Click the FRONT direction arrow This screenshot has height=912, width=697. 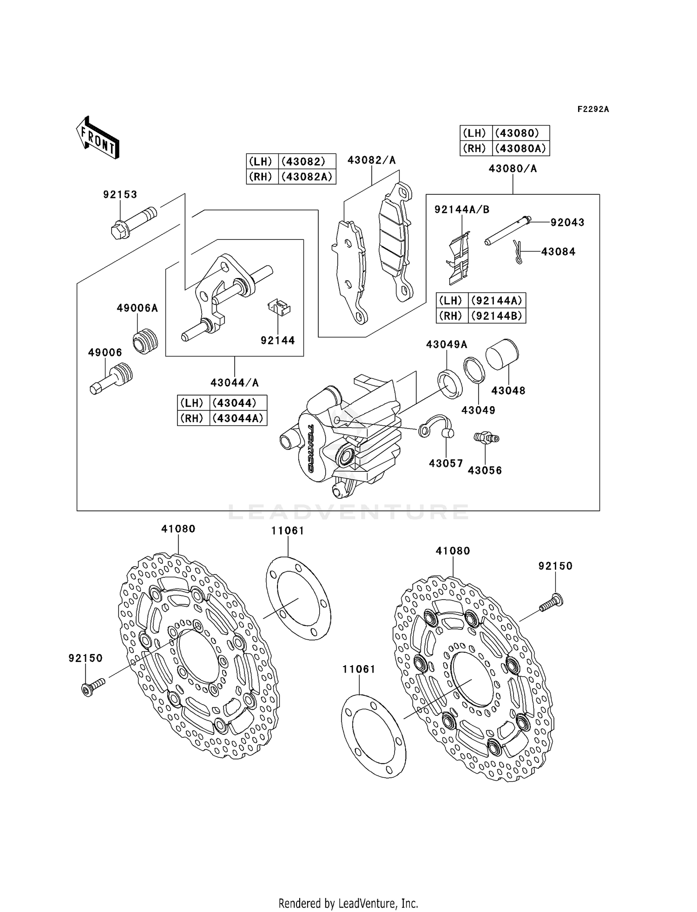98,138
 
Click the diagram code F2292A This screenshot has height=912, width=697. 593,109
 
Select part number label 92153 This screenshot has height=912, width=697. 120,195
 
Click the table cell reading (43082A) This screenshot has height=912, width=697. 307,177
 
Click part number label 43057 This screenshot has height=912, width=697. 446,463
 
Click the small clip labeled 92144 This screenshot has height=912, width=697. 279,308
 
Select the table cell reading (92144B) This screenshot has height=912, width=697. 497,316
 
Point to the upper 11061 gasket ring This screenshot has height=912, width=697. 298,599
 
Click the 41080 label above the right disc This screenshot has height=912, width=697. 453,551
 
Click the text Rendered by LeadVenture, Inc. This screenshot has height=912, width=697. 348,903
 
